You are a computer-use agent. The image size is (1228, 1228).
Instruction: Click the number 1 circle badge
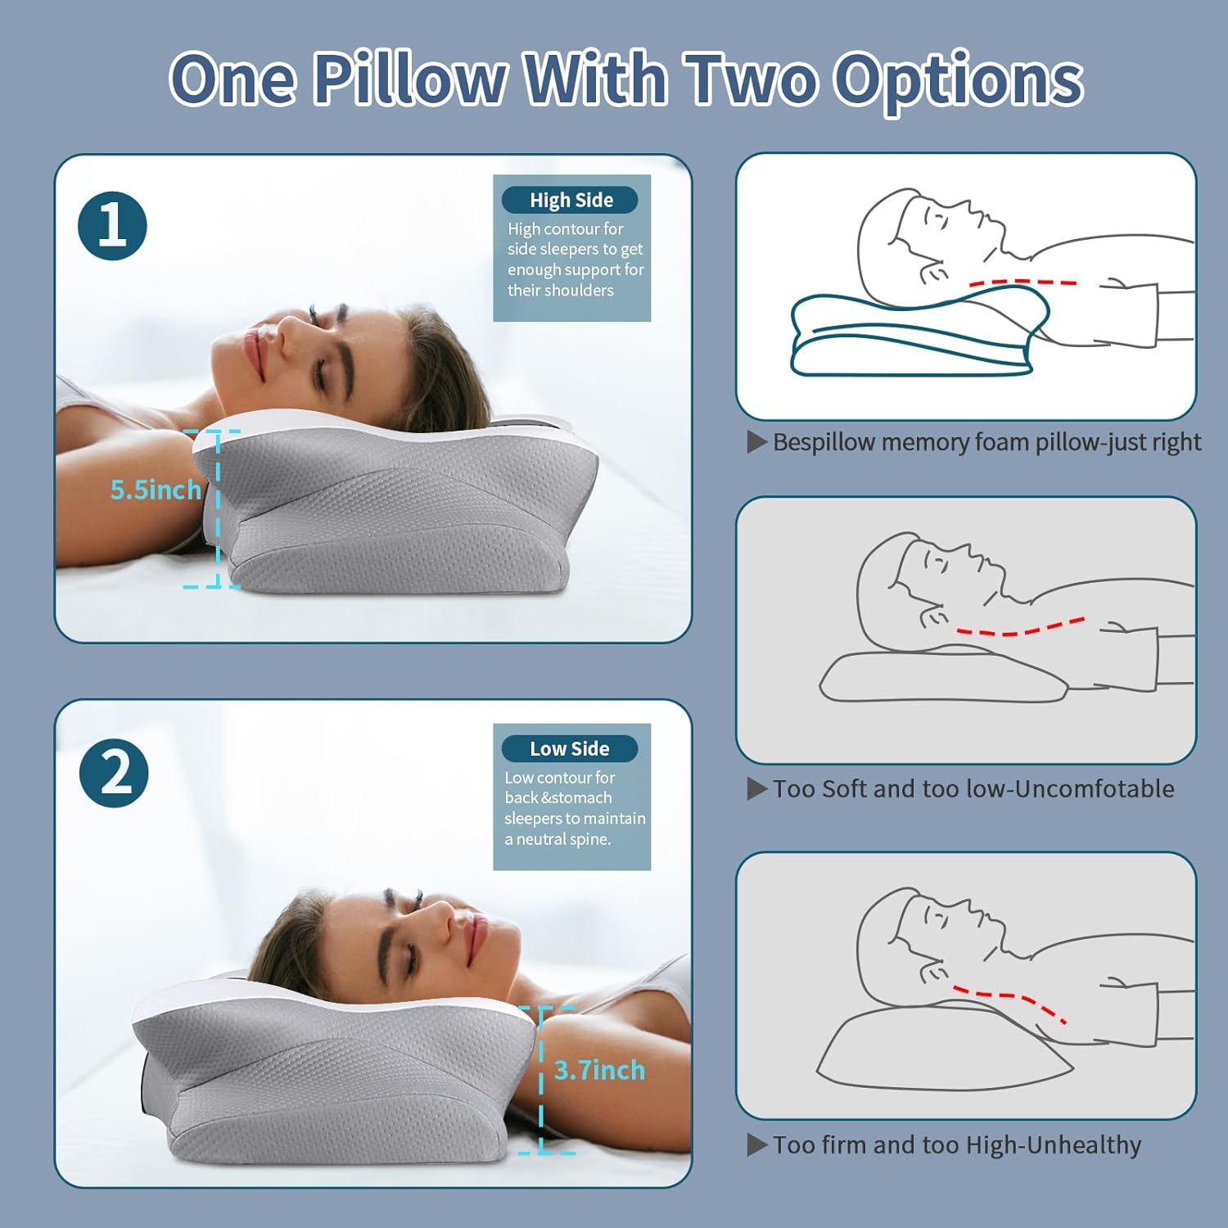pyautogui.click(x=112, y=226)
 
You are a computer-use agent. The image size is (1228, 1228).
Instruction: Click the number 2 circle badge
pyautogui.click(x=114, y=773)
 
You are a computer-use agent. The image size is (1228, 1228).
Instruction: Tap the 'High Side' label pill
pyautogui.click(x=570, y=200)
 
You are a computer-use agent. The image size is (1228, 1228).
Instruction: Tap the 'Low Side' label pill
pyautogui.click(x=569, y=748)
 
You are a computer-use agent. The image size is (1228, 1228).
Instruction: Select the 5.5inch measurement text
pyautogui.click(x=156, y=490)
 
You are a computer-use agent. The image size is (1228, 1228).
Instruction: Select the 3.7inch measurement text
pyautogui.click(x=599, y=1070)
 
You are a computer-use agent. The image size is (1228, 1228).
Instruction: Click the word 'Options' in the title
pyautogui.click(x=958, y=80)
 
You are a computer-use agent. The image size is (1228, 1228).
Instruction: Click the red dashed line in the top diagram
pyautogui.click(x=1023, y=282)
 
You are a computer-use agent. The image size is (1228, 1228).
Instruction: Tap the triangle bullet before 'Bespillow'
pyautogui.click(x=756, y=442)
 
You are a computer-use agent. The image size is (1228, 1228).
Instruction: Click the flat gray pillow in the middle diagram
pyautogui.click(x=941, y=678)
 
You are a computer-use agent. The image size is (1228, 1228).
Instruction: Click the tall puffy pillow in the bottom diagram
pyautogui.click(x=941, y=1052)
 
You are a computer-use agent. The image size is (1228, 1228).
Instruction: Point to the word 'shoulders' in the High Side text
pyautogui.click(x=576, y=291)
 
